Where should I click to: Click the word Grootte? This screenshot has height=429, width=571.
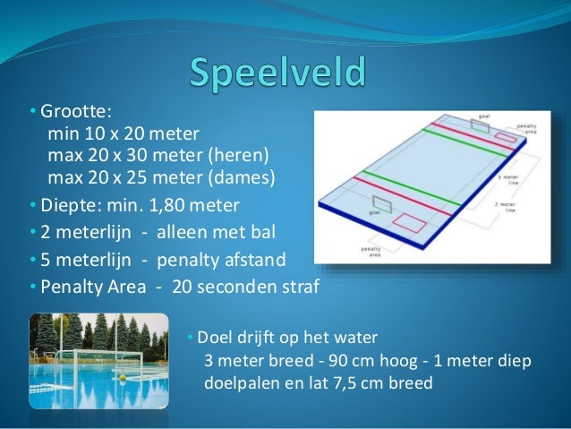tap(74, 112)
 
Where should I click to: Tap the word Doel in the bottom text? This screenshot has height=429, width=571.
tap(214, 339)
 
